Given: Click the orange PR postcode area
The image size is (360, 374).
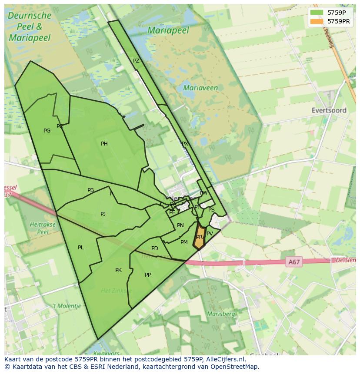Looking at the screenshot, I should pos(199,238).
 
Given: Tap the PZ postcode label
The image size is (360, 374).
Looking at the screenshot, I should pos(136,61).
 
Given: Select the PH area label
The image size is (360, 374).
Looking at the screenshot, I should pos(104,144).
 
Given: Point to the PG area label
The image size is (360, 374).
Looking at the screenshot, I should pos(47,131).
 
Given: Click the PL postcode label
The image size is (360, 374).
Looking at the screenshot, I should pos(81,248).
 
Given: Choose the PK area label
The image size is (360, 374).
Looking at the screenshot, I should pos(118,270).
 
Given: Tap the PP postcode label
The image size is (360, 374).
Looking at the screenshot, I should pos(148,275).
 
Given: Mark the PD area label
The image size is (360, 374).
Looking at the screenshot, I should pos(155,248).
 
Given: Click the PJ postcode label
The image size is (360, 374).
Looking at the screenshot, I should pos(103,214).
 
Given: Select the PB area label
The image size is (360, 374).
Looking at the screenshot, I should pos(90,190).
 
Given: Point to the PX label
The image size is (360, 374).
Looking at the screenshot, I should pos(185,144).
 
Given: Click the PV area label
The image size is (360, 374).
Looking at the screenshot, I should pos(210,234).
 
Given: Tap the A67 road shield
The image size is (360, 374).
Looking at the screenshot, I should pos(294,262).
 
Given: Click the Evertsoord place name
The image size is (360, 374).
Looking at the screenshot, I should pos(329,110).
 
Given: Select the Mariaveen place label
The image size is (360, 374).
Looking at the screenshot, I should pos(200,88).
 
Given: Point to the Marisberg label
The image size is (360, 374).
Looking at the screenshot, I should pos(221,314).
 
